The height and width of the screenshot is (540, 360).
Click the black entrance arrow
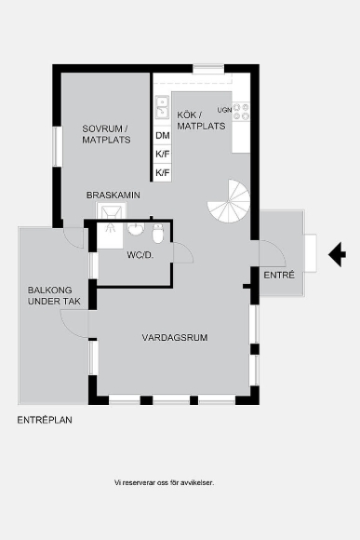pyautogui.click(x=337, y=254)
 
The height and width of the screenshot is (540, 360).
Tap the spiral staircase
pyautogui.click(x=230, y=201)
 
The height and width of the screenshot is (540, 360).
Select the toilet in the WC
pyautogui.click(x=158, y=233)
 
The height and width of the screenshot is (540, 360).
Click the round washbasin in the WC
pyautogui.click(x=136, y=229)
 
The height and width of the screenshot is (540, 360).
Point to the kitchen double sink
pyautogui.click(x=162, y=107)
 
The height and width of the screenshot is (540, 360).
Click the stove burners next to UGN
pyautogui.click(x=241, y=112)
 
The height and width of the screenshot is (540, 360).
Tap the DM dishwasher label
pyautogui.click(x=163, y=135)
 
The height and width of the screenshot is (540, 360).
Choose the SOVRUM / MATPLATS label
pyautogui.click(x=106, y=134)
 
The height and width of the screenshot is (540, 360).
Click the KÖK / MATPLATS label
pyautogui.click(x=201, y=120)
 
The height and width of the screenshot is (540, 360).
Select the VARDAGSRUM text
pyautogui.click(x=175, y=337)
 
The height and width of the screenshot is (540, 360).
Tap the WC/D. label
pyautogui.click(x=140, y=255)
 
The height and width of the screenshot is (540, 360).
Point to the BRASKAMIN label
pyautogui.click(x=113, y=196)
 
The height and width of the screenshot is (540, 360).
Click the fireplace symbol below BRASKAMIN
pyautogui.click(x=112, y=210)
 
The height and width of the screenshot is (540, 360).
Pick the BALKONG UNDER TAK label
pyautogui.click(x=54, y=295)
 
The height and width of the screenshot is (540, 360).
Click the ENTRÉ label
pyautogui.click(x=279, y=276)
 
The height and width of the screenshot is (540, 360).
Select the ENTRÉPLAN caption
pyautogui.click(x=45, y=420)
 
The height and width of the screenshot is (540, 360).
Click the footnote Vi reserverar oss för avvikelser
pyautogui.click(x=164, y=483)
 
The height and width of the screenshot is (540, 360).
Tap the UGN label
pyautogui.click(x=224, y=110)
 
